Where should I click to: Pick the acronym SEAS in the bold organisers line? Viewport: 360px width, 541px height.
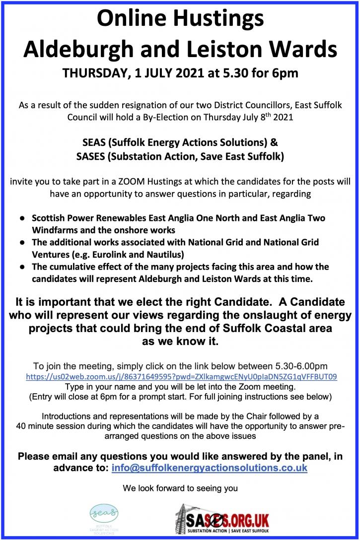tap(94, 142)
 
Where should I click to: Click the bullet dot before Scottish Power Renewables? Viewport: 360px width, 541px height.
tap(22, 218)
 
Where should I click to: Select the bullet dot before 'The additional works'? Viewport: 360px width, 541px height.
tap(22, 243)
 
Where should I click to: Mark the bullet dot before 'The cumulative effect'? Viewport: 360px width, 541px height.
tap(22, 267)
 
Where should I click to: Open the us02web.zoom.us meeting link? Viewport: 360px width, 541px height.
tap(181, 377)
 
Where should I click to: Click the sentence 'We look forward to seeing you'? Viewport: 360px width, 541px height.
tap(180, 488)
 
